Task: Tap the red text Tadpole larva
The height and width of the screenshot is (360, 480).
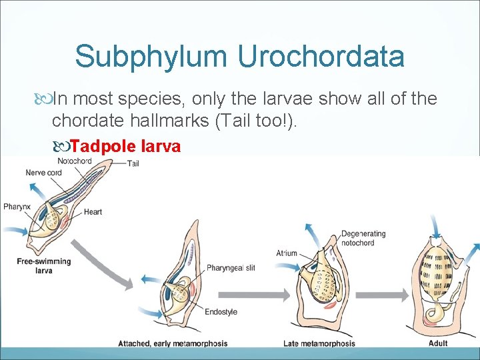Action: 125,146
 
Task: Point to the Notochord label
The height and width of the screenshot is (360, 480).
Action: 74,161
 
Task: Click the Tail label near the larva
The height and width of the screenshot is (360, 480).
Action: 133,164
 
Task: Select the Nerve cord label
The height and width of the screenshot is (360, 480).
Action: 43,173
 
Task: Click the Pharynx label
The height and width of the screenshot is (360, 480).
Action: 17,207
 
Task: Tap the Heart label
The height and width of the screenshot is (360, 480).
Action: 93,212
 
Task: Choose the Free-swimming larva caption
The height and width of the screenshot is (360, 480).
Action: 44,266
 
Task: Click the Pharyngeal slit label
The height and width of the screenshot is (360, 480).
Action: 231,267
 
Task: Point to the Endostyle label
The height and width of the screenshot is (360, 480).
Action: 221,311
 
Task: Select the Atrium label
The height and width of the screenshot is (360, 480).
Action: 286,253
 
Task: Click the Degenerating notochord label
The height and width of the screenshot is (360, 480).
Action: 363,238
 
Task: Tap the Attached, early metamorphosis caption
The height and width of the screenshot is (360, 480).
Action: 173,343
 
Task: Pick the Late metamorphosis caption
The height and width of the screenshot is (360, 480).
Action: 319,343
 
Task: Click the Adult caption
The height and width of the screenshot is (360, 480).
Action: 438,343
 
